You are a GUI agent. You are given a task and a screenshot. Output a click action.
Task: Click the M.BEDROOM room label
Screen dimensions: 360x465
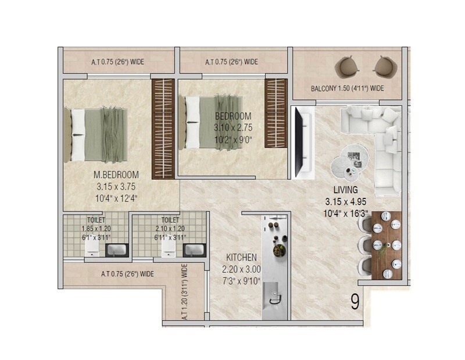click(116, 174)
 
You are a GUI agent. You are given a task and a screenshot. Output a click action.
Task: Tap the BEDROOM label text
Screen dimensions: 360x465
click(233, 116)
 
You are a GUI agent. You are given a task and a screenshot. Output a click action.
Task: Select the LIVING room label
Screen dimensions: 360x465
click(345, 190)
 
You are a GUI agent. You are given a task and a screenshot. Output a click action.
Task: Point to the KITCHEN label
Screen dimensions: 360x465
click(242, 257)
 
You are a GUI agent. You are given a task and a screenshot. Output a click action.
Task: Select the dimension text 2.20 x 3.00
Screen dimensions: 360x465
click(241, 269)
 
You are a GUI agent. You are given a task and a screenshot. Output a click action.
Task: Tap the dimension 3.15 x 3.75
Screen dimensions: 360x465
click(116, 187)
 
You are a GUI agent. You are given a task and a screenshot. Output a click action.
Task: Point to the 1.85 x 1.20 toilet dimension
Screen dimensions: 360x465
click(96, 229)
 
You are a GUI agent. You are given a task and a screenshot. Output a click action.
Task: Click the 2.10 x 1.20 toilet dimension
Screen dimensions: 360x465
click(170, 229)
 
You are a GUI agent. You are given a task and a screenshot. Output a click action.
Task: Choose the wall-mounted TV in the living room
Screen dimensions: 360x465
click(301, 142)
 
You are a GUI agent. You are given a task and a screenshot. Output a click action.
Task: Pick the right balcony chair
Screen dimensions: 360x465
click(383, 66)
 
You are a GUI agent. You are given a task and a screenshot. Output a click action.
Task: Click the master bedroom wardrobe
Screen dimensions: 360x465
click(163, 129)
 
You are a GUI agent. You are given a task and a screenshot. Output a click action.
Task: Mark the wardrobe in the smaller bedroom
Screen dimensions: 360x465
click(276, 113)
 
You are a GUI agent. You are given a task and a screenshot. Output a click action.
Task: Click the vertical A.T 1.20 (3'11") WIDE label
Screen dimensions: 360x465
click(185, 294)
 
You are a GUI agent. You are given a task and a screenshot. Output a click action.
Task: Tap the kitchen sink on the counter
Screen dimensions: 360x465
click(274, 298)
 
